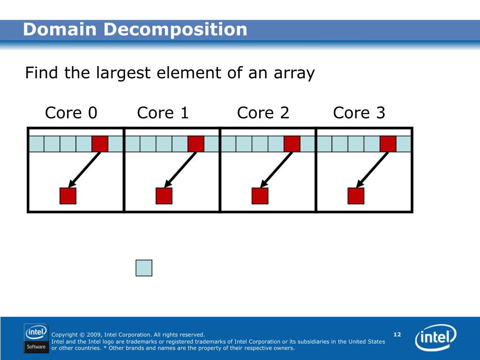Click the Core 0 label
(71, 113)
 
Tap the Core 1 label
(163, 113)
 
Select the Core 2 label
(263, 113)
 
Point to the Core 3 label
(359, 113)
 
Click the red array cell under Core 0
(100, 144)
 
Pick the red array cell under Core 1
(196, 144)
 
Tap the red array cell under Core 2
(292, 144)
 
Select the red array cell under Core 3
(388, 144)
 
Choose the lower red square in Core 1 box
(164, 196)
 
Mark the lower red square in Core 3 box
(356, 196)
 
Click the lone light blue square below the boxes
(144, 268)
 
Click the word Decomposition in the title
(175, 30)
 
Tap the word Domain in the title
(60, 30)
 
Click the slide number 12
(397, 334)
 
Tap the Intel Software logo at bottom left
(36, 338)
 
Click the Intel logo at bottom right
(435, 338)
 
